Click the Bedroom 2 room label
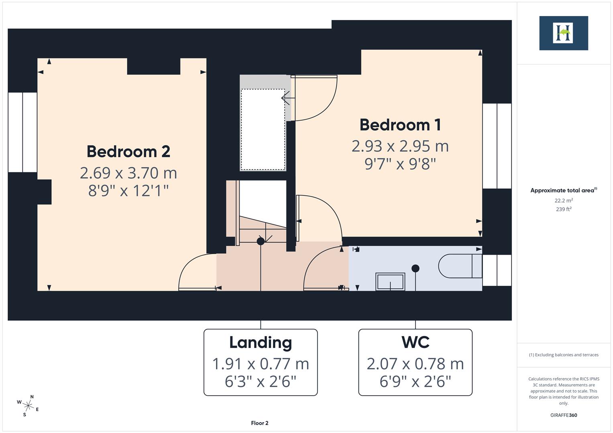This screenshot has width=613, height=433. pyautogui.click(x=128, y=152)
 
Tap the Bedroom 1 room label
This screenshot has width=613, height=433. pyautogui.click(x=400, y=125)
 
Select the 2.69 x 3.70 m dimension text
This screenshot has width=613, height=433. pyautogui.click(x=128, y=173)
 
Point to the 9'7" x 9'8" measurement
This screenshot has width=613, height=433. pyautogui.click(x=400, y=164)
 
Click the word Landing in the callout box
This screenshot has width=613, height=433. pyautogui.click(x=261, y=342)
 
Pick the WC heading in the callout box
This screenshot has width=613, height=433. pyautogui.click(x=415, y=342)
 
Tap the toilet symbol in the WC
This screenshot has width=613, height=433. pyautogui.click(x=460, y=266)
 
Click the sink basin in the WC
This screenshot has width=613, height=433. pyautogui.click(x=390, y=281)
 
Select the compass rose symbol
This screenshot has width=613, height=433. pyautogui.click(x=28, y=405)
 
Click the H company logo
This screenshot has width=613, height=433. pyautogui.click(x=563, y=33)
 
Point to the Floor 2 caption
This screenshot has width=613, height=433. pyautogui.click(x=260, y=423)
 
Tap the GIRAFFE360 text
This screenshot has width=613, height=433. pyautogui.click(x=563, y=415)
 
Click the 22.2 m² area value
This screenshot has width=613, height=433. pyautogui.click(x=563, y=200)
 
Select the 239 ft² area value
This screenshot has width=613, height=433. pyautogui.click(x=563, y=209)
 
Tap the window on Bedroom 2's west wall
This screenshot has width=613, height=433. pyautogui.click(x=22, y=132)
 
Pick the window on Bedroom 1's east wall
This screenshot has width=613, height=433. pyautogui.click(x=497, y=146)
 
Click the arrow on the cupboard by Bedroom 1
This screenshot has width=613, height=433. pyautogui.click(x=285, y=98)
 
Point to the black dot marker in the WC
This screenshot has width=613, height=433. pyautogui.click(x=415, y=268)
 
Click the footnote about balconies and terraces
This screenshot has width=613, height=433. pyautogui.click(x=563, y=355)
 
